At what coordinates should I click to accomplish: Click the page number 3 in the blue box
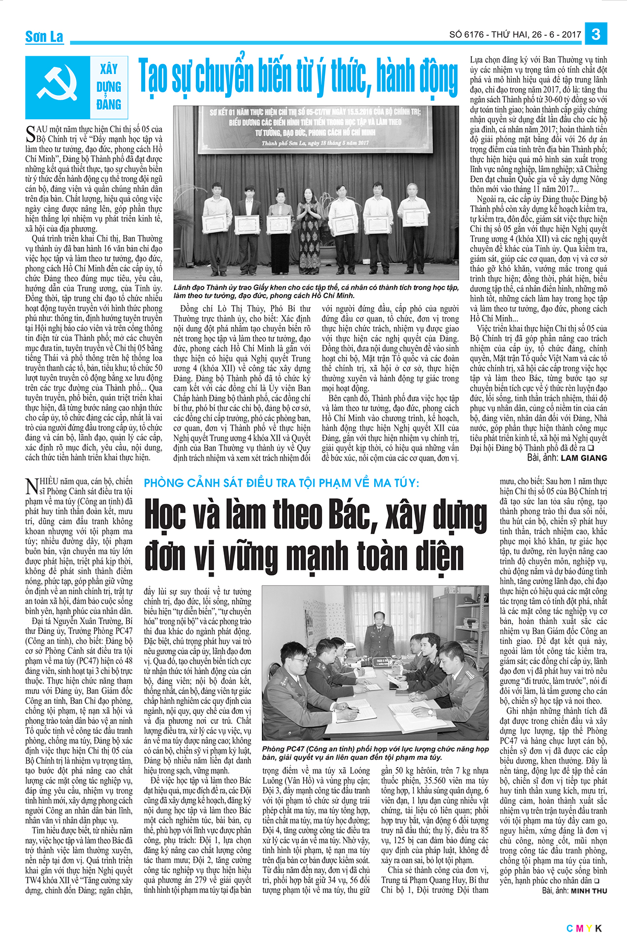tap(596, 34)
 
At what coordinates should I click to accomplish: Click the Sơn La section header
tap(44, 37)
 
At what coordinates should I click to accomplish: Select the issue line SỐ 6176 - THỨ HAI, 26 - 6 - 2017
tap(515, 35)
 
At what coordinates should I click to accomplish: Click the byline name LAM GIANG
tap(584, 458)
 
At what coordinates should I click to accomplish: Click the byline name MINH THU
tap(589, 891)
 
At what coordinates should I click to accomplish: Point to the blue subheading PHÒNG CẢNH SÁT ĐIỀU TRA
tap(282, 483)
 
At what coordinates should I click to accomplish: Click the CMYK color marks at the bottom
tap(584, 928)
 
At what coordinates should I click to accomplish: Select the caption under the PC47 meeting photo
tap(375, 753)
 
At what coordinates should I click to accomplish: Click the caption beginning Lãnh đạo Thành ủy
tap(316, 291)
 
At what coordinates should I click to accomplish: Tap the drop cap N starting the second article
tap(31, 486)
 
